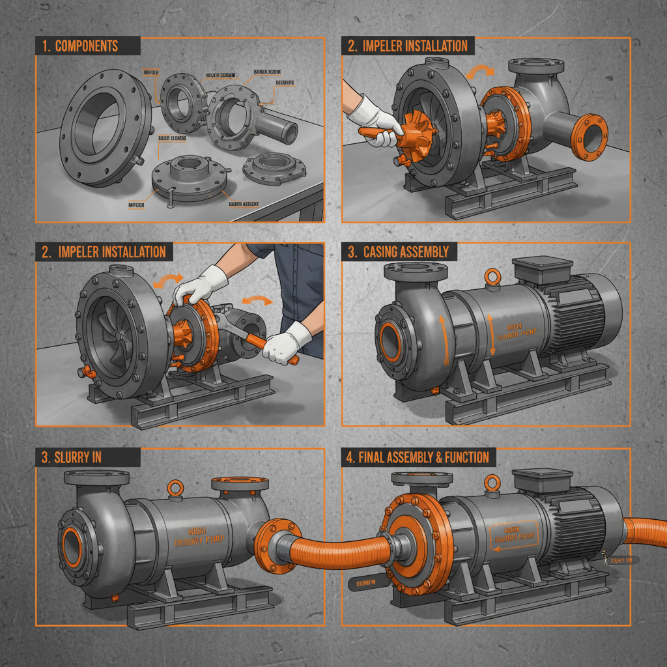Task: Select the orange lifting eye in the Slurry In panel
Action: point(173,486)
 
